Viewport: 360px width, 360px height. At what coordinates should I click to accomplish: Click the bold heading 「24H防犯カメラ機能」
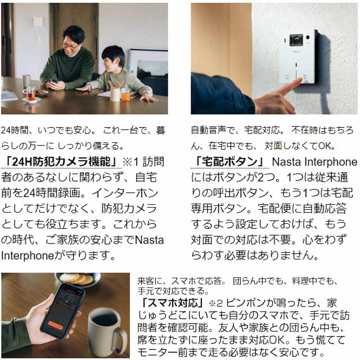point(61,161)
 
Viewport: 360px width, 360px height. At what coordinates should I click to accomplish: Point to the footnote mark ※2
point(215,303)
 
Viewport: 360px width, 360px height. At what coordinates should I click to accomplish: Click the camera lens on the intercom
point(296,40)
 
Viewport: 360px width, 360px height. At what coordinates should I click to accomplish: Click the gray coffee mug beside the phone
point(107,331)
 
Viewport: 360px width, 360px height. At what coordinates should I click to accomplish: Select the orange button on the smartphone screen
point(55,325)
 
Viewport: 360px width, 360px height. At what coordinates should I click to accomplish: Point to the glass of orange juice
point(125,94)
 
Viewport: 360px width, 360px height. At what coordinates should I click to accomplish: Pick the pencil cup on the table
point(115,94)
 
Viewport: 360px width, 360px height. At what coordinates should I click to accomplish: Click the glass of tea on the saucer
point(31,93)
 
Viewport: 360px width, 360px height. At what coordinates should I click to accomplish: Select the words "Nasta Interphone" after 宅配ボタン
point(314,162)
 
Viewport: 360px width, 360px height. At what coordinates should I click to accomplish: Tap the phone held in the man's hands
point(54,81)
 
